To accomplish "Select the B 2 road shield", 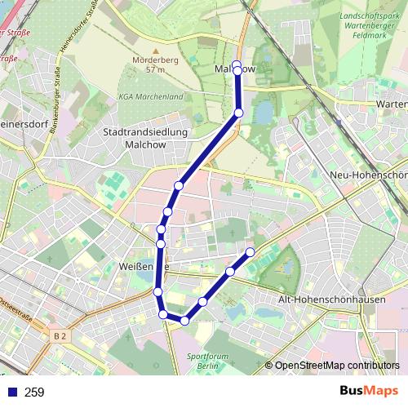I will [x=57, y=335].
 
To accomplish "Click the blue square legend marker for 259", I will [x=11, y=392].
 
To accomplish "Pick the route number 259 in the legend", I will [x=34, y=392].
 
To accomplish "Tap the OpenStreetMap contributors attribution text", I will [x=337, y=366].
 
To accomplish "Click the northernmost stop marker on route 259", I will [x=237, y=64].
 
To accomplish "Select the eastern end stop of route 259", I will [x=251, y=252].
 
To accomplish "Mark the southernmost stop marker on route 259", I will [x=184, y=321].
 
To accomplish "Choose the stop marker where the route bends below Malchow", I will [x=239, y=113].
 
